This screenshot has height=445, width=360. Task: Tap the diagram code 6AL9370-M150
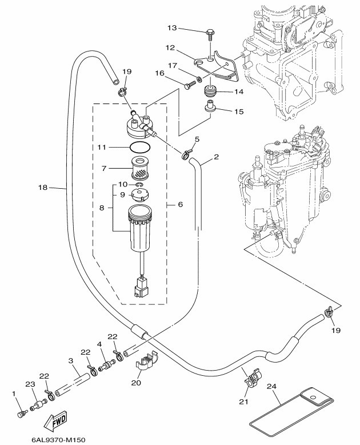54,439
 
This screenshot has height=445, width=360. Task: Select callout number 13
173,28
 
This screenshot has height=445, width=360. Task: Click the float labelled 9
140,194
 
